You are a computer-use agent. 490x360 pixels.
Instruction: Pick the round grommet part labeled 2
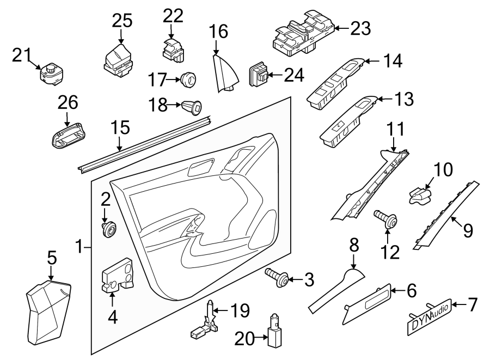109,229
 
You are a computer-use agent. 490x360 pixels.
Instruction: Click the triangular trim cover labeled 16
225,72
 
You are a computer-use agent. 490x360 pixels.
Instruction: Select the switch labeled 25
118,59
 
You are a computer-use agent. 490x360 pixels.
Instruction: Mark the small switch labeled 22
171,49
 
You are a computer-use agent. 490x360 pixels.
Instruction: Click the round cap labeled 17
188,79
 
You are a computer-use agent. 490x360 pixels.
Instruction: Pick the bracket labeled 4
118,274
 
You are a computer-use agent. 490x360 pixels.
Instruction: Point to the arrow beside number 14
370,62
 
